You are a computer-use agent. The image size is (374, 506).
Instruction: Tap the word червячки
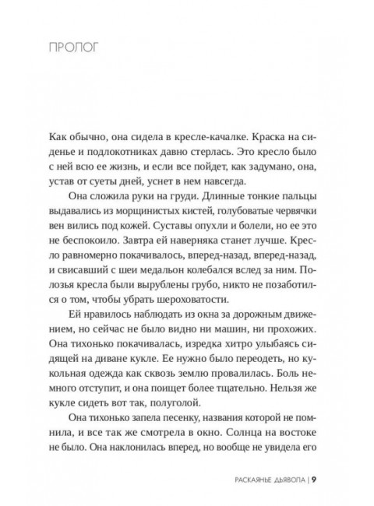pyautogui.click(x=292, y=213)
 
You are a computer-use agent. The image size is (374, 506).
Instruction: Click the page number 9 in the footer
pyautogui.click(x=314, y=501)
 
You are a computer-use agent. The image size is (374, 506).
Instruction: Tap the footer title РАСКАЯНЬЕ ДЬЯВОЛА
pyautogui.click(x=267, y=501)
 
